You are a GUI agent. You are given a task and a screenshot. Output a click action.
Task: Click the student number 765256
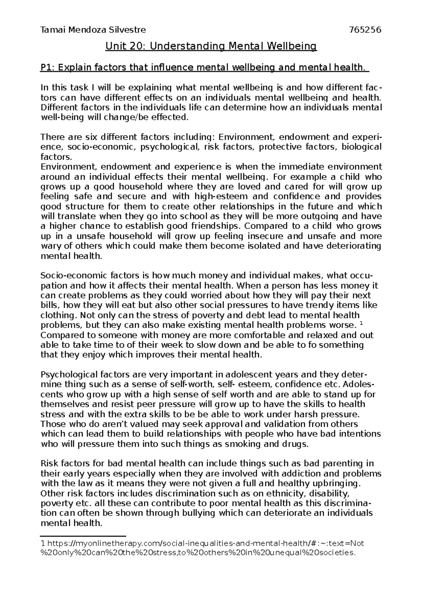364,30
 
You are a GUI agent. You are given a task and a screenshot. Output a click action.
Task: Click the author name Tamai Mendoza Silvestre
93,30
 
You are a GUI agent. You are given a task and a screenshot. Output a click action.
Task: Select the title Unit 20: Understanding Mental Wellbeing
211,46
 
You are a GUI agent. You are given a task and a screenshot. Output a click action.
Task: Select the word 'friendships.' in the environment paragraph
220,226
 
